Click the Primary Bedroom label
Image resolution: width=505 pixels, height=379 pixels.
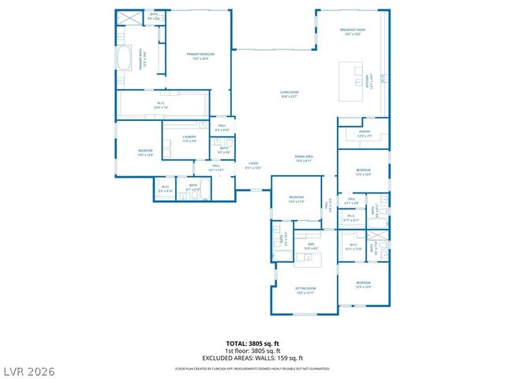(x=200, y=56)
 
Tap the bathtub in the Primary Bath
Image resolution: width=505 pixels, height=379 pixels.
(x=124, y=59)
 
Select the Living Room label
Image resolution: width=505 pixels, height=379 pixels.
(x=288, y=94)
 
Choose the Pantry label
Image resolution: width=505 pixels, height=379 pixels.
(x=363, y=134)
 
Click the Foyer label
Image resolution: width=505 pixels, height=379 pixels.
(x=252, y=166)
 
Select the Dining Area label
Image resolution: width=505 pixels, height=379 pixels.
(x=305, y=158)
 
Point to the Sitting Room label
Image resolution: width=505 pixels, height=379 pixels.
(x=305, y=291)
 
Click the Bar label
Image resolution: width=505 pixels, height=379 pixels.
(x=311, y=246)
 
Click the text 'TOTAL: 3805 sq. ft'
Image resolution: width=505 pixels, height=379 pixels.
(x=252, y=343)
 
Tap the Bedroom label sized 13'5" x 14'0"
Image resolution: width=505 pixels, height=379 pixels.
(x=145, y=153)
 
